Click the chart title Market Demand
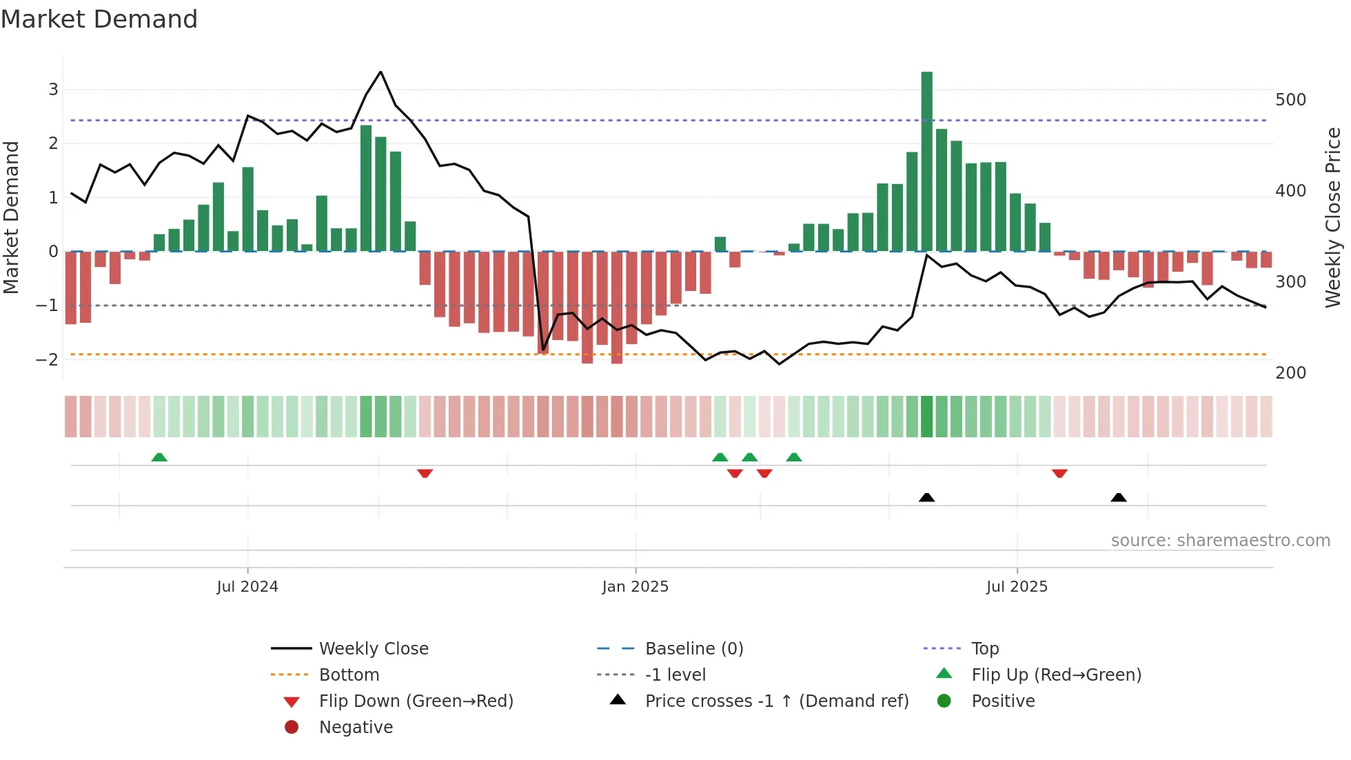click(x=99, y=19)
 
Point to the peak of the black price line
click(x=380, y=72)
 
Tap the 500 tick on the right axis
click(x=1290, y=100)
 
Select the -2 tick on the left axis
click(x=48, y=359)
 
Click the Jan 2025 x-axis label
click(x=635, y=587)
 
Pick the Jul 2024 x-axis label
click(x=247, y=587)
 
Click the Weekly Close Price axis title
click(x=1333, y=217)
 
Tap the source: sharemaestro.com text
click(x=1220, y=541)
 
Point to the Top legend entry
click(x=984, y=649)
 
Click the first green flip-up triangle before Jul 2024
click(x=159, y=457)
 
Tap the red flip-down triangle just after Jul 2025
click(x=1059, y=473)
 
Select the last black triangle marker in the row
click(x=1119, y=497)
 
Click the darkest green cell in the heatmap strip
click(x=926, y=417)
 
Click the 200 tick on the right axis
click(x=1290, y=373)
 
